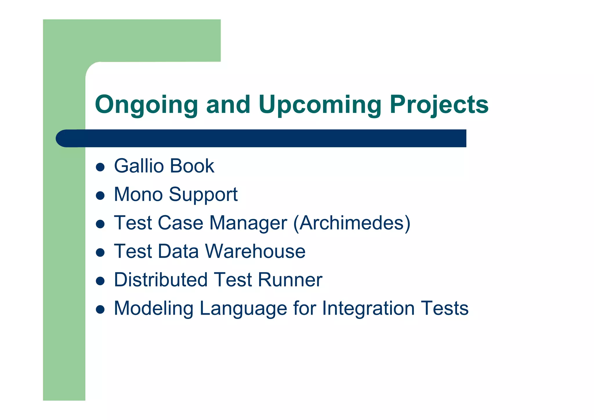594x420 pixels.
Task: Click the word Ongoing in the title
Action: [146, 105]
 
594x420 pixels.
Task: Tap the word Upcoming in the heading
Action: [320, 105]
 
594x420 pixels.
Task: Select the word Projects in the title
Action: [439, 105]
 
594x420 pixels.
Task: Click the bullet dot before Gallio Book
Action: [100, 167]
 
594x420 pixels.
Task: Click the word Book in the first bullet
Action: [192, 166]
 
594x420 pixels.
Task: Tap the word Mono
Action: [138, 194]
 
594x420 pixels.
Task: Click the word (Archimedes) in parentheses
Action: [352, 223]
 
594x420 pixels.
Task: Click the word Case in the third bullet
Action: [180, 223]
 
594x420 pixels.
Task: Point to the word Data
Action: [178, 251]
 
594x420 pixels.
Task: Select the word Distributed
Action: [161, 280]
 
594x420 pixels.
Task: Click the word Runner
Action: [290, 280]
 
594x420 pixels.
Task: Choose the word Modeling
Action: [153, 309]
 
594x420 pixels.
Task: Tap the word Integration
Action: [368, 308]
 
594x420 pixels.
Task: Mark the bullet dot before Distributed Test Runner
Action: [100, 281]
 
